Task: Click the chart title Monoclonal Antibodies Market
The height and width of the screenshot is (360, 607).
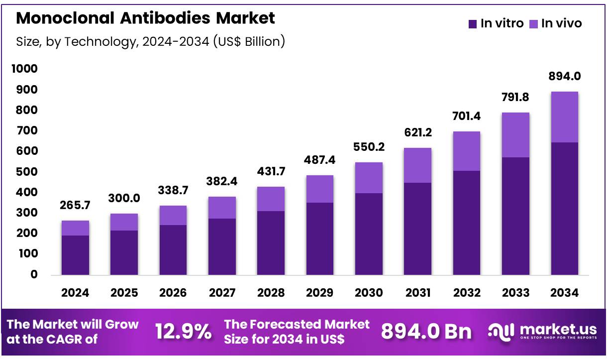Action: [x=145, y=18]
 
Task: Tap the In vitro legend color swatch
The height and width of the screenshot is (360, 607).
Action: [x=473, y=23]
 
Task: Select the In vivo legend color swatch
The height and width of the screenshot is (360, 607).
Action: [x=534, y=23]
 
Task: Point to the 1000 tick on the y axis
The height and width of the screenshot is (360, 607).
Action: [x=24, y=69]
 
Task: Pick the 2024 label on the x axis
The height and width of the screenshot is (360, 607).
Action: [x=75, y=293]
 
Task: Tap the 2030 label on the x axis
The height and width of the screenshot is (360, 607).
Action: [x=369, y=293]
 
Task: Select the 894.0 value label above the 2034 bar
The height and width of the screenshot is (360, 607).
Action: [x=565, y=76]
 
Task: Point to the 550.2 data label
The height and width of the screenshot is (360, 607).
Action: [x=369, y=147]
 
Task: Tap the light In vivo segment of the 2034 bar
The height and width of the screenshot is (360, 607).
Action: [x=565, y=117]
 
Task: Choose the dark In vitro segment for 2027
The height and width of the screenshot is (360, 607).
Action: [x=222, y=246]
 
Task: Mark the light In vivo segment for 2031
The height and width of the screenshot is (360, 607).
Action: [x=417, y=165]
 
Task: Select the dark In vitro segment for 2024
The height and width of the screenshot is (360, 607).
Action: [x=75, y=255]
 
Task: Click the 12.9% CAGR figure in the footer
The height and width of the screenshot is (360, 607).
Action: [x=184, y=332]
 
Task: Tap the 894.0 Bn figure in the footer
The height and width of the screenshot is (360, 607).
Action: [x=426, y=332]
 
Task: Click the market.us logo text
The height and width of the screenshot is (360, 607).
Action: [x=558, y=329]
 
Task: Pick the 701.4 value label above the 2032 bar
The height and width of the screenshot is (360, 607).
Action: [x=466, y=117]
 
